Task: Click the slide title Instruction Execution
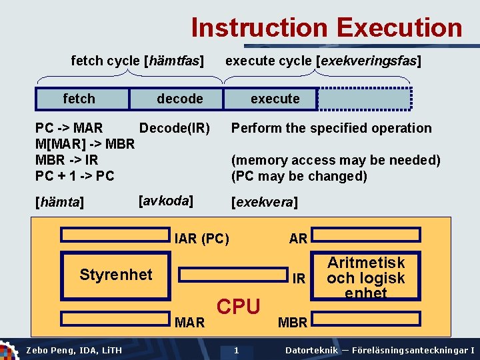pyautogui.click(x=326, y=28)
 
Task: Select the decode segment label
pyautogui.click(x=179, y=99)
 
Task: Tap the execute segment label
pyautogui.click(x=275, y=99)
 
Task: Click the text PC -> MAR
pyautogui.click(x=69, y=128)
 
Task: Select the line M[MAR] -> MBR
pyautogui.click(x=85, y=144)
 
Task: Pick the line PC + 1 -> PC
pyautogui.click(x=75, y=176)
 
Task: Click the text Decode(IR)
pyautogui.click(x=174, y=128)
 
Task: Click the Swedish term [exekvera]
pyautogui.click(x=264, y=202)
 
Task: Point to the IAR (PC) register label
pyautogui.click(x=201, y=239)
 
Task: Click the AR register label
pyautogui.click(x=298, y=239)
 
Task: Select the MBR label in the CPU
pyautogui.click(x=292, y=323)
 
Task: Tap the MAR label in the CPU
pyautogui.click(x=189, y=323)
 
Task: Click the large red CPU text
pyautogui.click(x=239, y=307)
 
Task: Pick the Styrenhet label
pyautogui.click(x=115, y=274)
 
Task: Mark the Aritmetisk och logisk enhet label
pyautogui.click(x=366, y=277)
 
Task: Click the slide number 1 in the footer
pyautogui.click(x=236, y=351)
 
